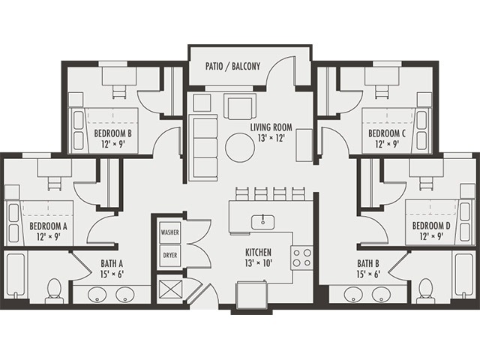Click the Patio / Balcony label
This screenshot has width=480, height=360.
pyautogui.click(x=232, y=66)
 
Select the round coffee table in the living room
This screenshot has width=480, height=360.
pyautogui.click(x=241, y=147)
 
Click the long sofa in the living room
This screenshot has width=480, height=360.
pyautogui.click(x=201, y=147)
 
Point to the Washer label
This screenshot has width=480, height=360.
pyautogui.click(x=169, y=232)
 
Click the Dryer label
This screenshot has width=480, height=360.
pyautogui.click(x=169, y=255)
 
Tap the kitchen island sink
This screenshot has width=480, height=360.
pyautogui.click(x=263, y=220)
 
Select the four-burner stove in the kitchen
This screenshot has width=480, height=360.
pyautogui.click(x=301, y=259)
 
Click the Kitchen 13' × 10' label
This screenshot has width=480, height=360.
pyautogui.click(x=258, y=259)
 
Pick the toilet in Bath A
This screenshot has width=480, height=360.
pyautogui.click(x=54, y=289)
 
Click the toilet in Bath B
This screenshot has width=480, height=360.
pyautogui.click(x=425, y=289)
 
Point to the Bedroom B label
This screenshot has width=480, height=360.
pyautogui.click(x=113, y=139)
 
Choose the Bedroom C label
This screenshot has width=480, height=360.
pyautogui.click(x=387, y=139)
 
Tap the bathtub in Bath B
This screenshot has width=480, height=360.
pyautogui.click(x=463, y=276)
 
